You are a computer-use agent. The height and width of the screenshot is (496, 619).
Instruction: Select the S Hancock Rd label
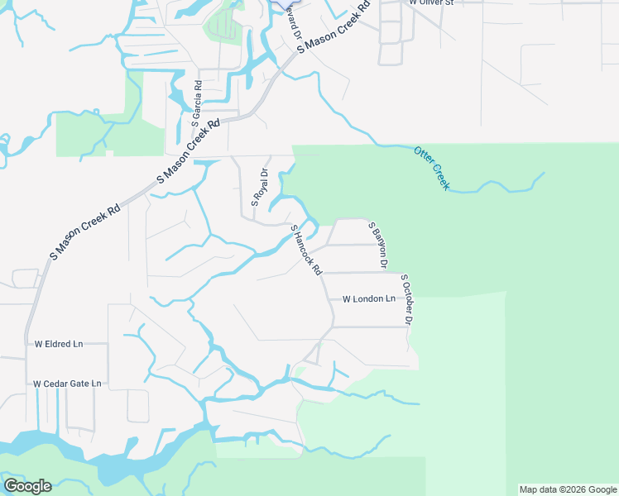point(306,250)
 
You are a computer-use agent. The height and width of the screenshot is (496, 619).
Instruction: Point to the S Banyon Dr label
point(378,246)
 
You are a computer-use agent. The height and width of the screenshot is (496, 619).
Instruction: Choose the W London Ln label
point(368,298)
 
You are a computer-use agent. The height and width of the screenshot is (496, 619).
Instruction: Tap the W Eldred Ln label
point(58,343)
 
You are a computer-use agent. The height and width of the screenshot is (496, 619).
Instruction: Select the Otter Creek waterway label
point(431,168)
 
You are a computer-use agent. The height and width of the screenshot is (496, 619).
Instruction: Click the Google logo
point(27,486)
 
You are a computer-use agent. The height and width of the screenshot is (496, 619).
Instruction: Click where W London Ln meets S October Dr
point(407,299)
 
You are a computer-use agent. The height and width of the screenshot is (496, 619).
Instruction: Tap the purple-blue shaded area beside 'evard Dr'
point(289,4)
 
